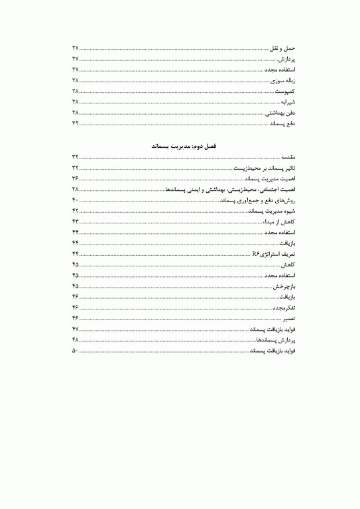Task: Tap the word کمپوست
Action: [285, 91]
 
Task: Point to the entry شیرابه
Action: [286, 102]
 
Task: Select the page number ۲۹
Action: [75, 123]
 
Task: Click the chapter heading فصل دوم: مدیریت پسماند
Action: [180, 144]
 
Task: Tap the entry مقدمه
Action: [286, 156]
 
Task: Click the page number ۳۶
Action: [75, 178]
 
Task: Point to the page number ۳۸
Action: [75, 189]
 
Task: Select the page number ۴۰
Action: [75, 199]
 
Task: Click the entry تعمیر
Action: [288, 318]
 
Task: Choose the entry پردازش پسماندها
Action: [275, 339]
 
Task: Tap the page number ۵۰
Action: [75, 350]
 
